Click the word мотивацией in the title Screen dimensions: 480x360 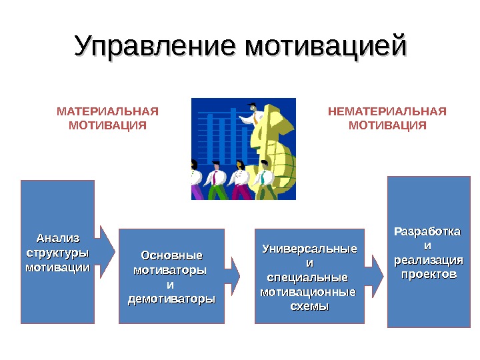(x=326, y=47)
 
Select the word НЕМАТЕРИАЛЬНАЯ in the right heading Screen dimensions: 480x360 (x=387, y=111)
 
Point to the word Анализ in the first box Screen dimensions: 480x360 (x=57, y=239)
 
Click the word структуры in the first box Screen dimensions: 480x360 (x=57, y=253)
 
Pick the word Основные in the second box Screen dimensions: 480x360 (x=171, y=256)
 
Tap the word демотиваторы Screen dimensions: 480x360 (x=171, y=299)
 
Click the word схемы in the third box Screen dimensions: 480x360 (x=310, y=306)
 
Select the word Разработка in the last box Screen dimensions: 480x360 (x=427, y=232)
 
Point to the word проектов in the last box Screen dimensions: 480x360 (x=427, y=274)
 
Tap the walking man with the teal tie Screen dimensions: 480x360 (x=265, y=180)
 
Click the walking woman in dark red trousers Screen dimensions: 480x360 (x=239, y=181)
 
